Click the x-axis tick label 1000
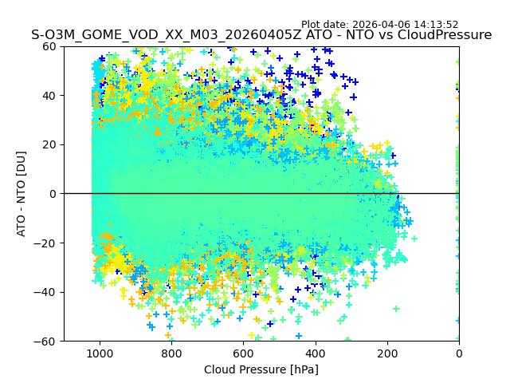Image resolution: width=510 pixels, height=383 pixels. click(x=100, y=353)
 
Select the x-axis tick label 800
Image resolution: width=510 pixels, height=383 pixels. click(x=171, y=353)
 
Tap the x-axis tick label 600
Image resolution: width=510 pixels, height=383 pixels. click(x=243, y=353)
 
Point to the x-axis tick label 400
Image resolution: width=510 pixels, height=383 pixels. click(x=316, y=353)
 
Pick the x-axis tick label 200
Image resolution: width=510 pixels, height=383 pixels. click(x=387, y=353)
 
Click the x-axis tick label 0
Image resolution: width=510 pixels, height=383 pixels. click(x=459, y=353)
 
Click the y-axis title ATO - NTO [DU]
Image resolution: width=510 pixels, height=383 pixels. click(x=22, y=194)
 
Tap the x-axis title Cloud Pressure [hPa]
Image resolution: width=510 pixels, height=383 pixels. click(x=261, y=369)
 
